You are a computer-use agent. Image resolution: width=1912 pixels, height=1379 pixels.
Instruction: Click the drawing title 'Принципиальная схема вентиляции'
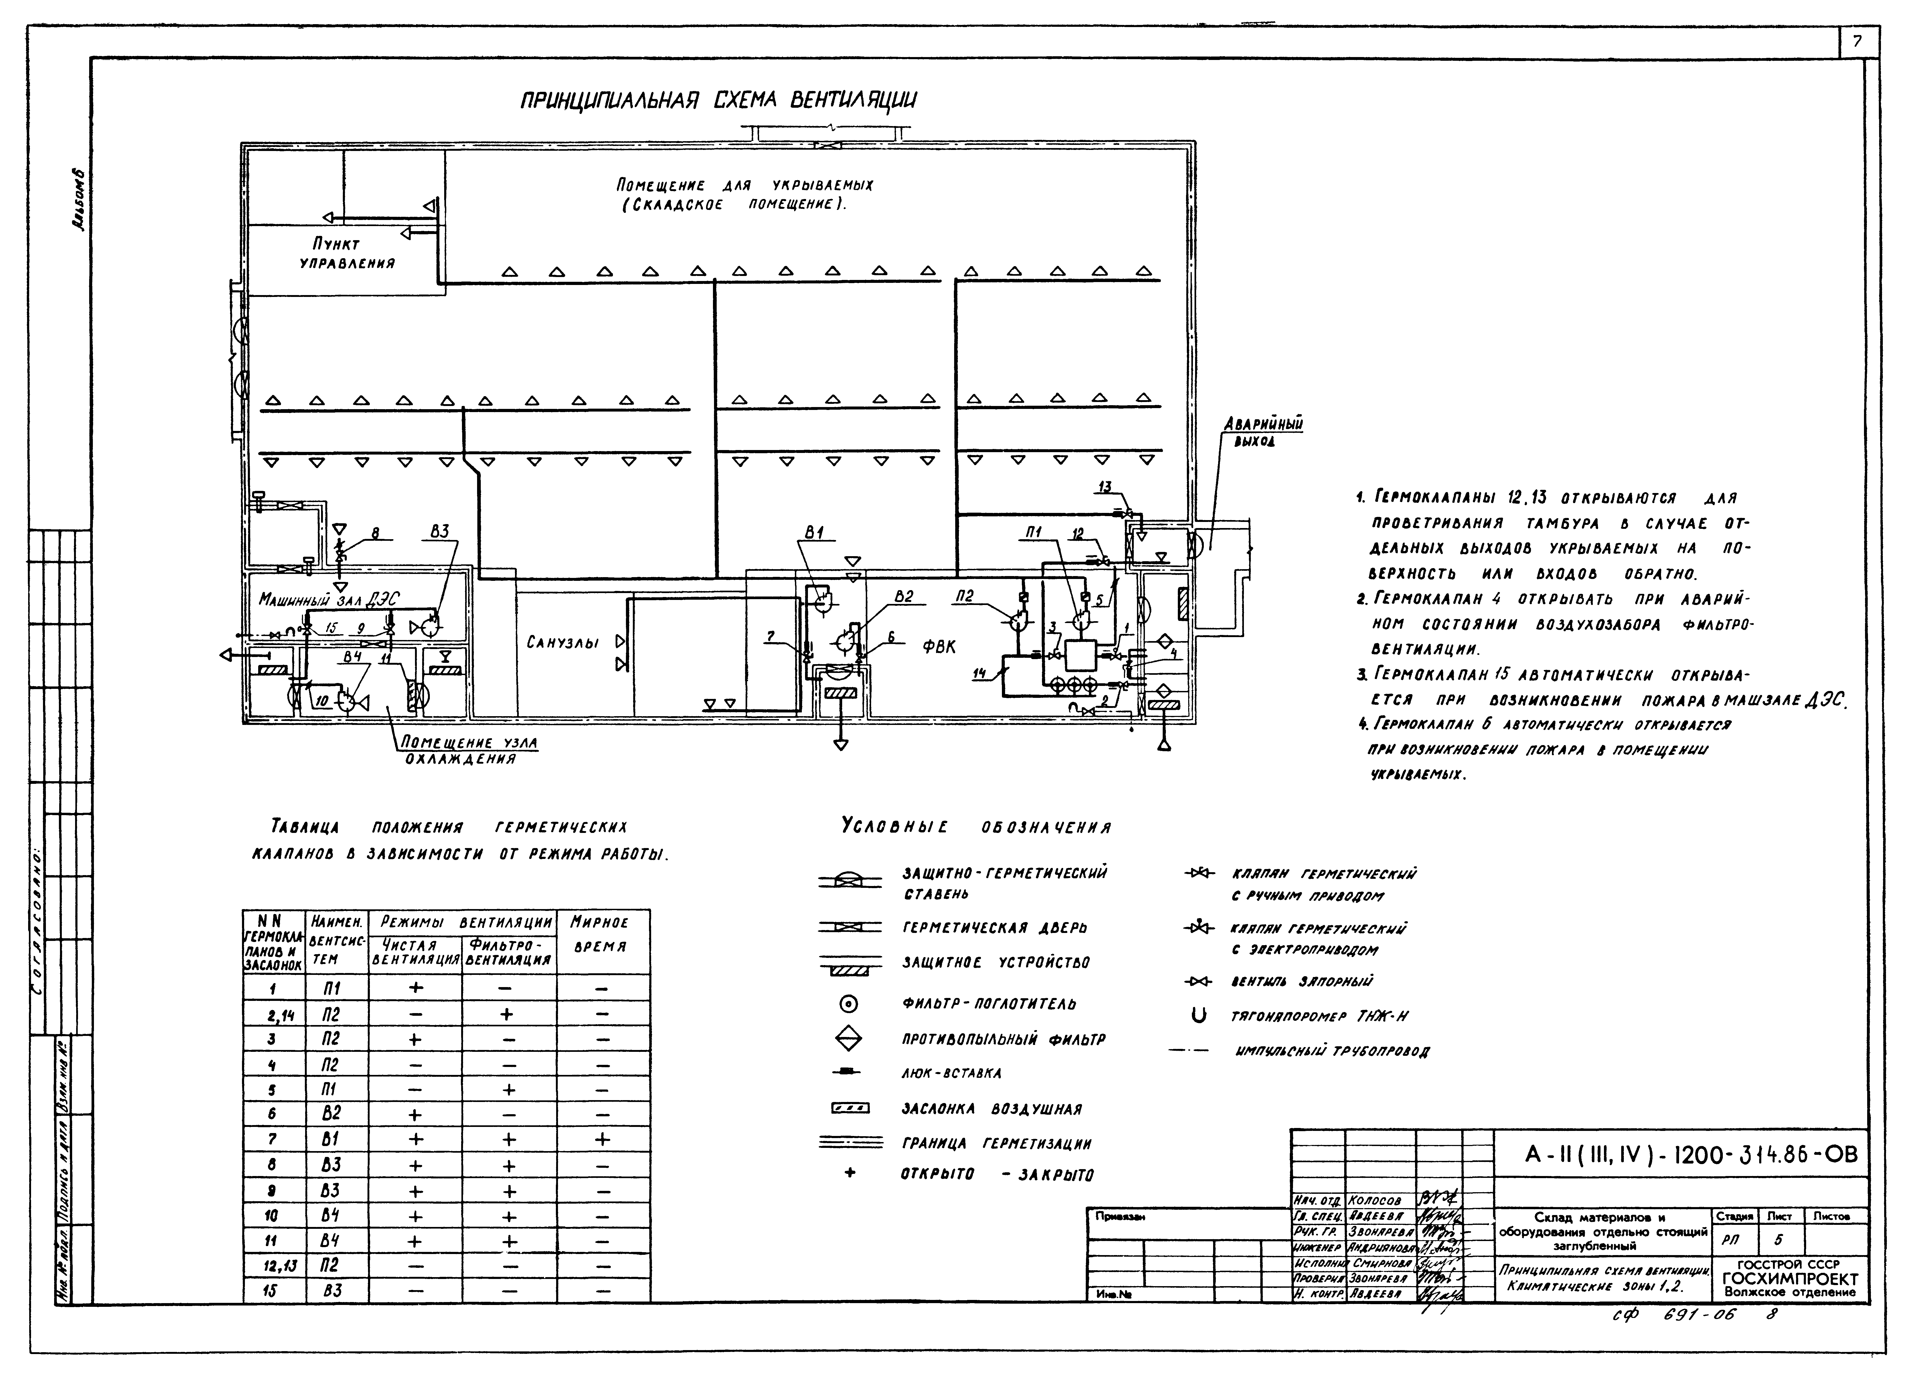(x=718, y=101)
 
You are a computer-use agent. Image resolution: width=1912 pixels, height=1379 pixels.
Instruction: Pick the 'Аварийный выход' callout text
(x=1263, y=433)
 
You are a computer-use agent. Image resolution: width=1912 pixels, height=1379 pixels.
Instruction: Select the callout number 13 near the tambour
(x=1104, y=486)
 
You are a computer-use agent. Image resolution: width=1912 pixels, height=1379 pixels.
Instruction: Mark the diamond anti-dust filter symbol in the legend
(x=849, y=1039)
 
